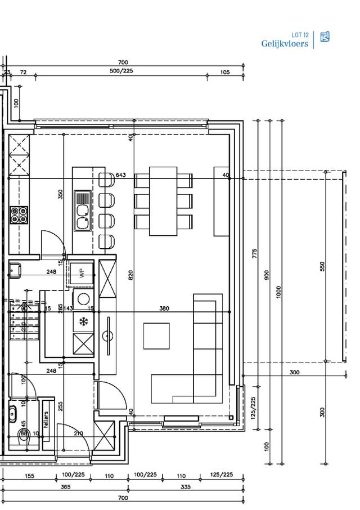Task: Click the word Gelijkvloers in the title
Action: (x=285, y=43)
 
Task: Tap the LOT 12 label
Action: (x=300, y=35)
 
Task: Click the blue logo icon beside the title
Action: (x=325, y=37)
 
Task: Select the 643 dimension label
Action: (x=120, y=175)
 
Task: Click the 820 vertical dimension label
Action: (x=130, y=275)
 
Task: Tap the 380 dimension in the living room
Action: (x=164, y=308)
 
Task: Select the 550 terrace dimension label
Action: (x=322, y=266)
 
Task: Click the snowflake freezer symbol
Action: (x=83, y=322)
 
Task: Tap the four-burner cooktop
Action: (x=19, y=214)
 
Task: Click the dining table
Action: (x=163, y=201)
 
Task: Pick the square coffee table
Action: (x=156, y=336)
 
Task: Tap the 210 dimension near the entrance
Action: (x=78, y=433)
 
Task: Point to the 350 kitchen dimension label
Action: (x=61, y=195)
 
